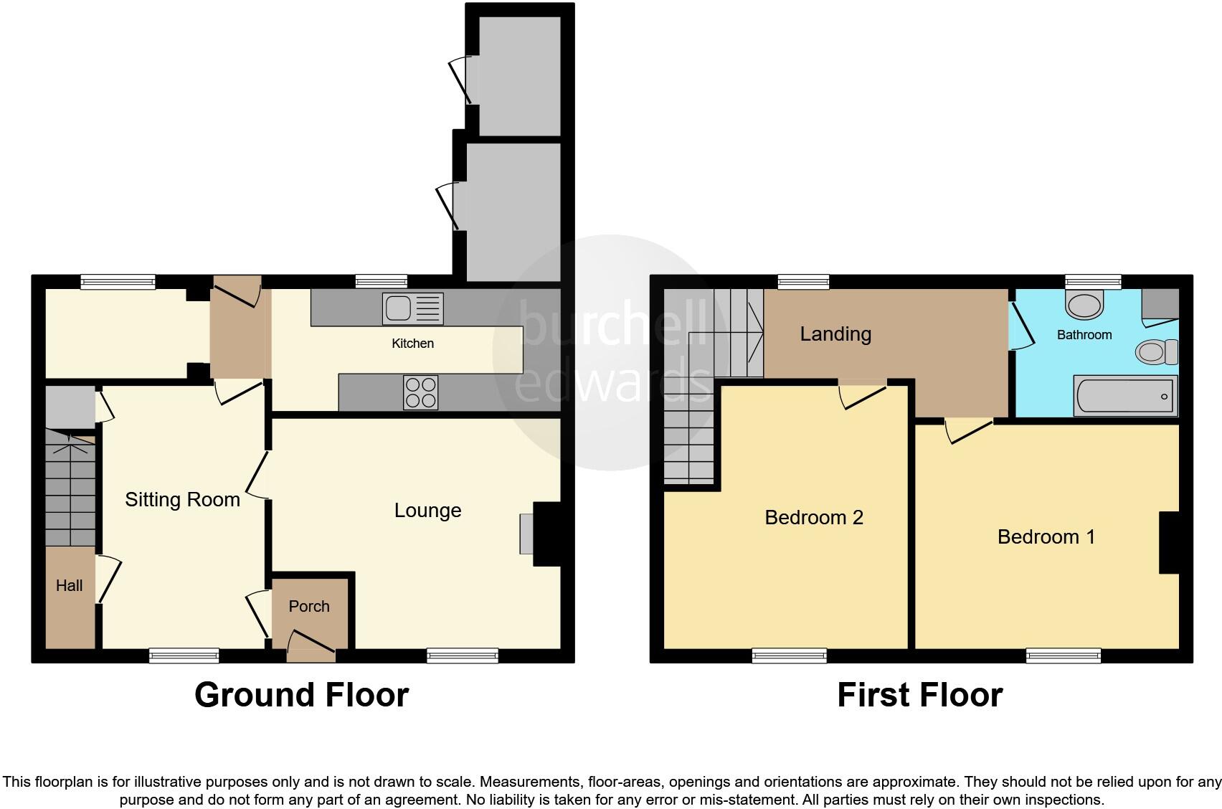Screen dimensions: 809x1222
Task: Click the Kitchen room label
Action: click(412, 344)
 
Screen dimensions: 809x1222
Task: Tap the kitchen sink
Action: click(412, 309)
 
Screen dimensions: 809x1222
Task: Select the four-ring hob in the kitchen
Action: click(420, 392)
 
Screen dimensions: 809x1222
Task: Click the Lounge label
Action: click(427, 511)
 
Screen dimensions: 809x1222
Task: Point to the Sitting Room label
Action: click(182, 500)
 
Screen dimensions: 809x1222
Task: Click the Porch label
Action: click(309, 607)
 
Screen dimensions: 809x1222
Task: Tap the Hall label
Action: click(70, 586)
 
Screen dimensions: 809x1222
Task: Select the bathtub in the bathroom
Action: click(1124, 396)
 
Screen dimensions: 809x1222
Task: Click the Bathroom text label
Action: click(1084, 335)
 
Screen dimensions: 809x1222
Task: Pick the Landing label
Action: click(835, 334)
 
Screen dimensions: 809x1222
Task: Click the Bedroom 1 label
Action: click(1046, 537)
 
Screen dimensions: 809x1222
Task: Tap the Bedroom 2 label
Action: click(813, 518)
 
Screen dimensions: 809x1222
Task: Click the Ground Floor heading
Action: click(301, 695)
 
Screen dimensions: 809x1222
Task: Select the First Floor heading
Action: click(919, 695)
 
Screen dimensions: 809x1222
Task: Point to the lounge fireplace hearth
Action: click(526, 534)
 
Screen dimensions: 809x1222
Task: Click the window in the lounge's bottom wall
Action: click(462, 655)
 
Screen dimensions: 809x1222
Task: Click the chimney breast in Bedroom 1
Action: click(1169, 541)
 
